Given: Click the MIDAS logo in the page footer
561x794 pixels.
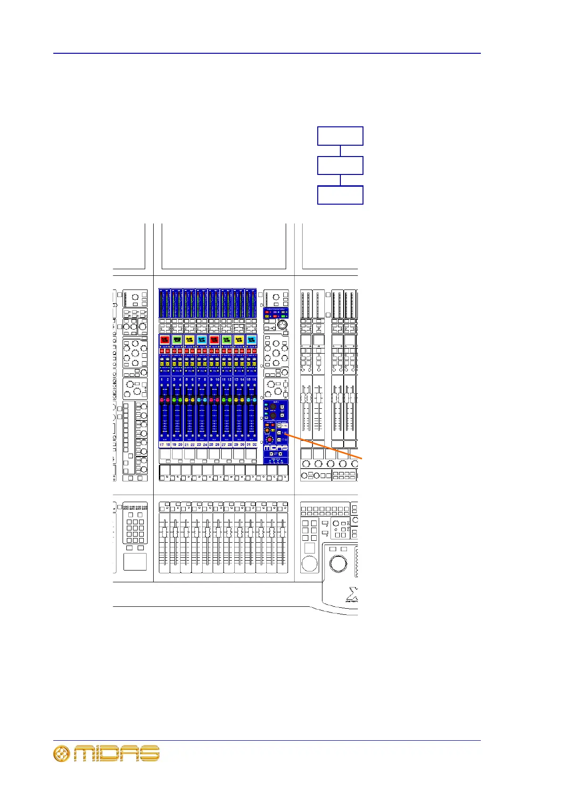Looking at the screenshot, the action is click(x=107, y=753).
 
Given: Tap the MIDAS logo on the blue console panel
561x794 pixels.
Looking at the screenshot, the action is click(x=276, y=448).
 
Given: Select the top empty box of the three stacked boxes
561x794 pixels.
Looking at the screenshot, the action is click(x=340, y=136).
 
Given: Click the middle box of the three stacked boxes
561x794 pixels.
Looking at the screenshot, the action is click(x=340, y=165).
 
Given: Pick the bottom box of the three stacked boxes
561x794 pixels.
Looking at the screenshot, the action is click(x=340, y=195).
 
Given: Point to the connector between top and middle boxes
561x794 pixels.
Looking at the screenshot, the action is click(x=340, y=151).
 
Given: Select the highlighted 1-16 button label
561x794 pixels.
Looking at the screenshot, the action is click(x=284, y=425).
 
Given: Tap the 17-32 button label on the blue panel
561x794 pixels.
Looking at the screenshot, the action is click(x=284, y=440).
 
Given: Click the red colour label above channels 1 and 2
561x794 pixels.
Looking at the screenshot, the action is click(x=165, y=339).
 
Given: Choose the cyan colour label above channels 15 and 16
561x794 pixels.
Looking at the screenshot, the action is click(x=251, y=339).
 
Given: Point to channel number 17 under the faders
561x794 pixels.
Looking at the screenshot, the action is click(x=162, y=444).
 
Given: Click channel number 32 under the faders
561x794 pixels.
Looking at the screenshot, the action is click(x=255, y=444).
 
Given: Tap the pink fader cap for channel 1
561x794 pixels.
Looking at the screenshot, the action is click(x=162, y=400).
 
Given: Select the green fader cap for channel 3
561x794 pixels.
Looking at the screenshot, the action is click(x=174, y=400).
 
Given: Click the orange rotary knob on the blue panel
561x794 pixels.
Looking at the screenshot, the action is click(x=267, y=430).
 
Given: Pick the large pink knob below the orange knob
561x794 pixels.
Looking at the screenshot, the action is click(x=270, y=439).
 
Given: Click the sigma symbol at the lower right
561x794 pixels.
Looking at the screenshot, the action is click(x=353, y=593).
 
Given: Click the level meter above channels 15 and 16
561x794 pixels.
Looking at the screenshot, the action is click(x=251, y=303).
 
